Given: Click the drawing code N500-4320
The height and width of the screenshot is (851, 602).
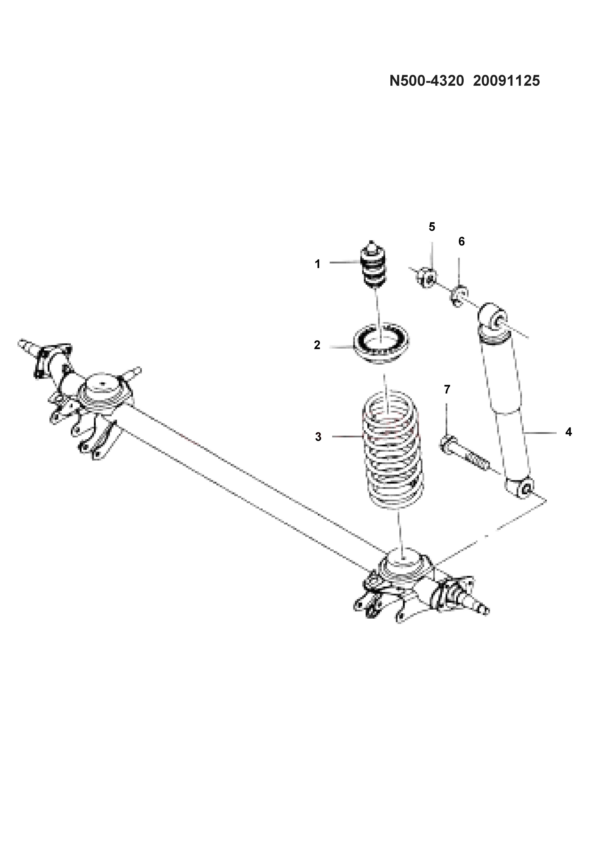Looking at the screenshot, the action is tap(426, 81).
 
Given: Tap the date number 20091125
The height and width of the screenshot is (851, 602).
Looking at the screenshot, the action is tap(506, 81).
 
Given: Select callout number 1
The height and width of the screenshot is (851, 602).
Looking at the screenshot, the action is tap(317, 264).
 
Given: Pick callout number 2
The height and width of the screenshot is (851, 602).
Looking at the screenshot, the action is tap(317, 345).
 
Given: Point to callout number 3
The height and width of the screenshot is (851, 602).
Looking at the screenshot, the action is tap(318, 437).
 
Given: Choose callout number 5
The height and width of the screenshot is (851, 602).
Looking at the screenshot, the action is tap(432, 227).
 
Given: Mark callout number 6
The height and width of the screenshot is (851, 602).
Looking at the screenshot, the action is tap(462, 241).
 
